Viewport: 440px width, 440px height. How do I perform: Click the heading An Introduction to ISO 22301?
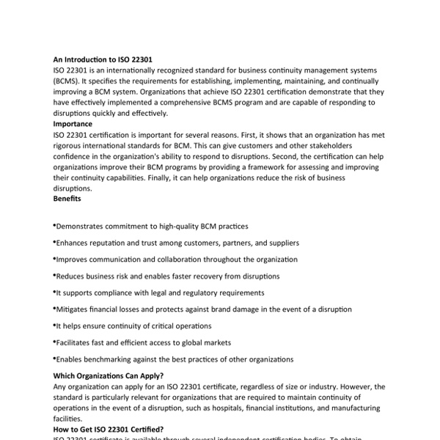coord(103,59)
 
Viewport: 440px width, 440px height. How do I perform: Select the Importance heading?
coord(73,124)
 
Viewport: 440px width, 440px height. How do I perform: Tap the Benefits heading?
coord(67,199)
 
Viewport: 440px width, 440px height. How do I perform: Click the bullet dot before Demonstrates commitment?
coord(55,227)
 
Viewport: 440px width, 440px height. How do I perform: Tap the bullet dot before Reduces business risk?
coord(55,275)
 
